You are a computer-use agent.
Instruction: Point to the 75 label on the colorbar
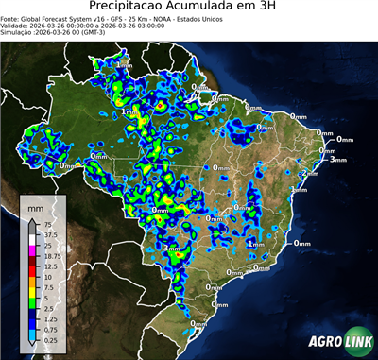(x=48, y=226)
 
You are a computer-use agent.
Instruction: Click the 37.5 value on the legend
(x=50, y=235)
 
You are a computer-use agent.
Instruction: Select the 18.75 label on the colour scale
(x=52, y=256)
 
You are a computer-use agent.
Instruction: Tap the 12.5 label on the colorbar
(x=50, y=266)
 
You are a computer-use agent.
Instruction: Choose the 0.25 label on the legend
(x=50, y=338)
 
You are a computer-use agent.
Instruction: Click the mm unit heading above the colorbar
(x=34, y=207)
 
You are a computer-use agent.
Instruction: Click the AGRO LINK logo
(x=337, y=343)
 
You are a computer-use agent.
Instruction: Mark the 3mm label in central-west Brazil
(x=173, y=249)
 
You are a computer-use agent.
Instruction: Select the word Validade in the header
(x=19, y=26)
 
